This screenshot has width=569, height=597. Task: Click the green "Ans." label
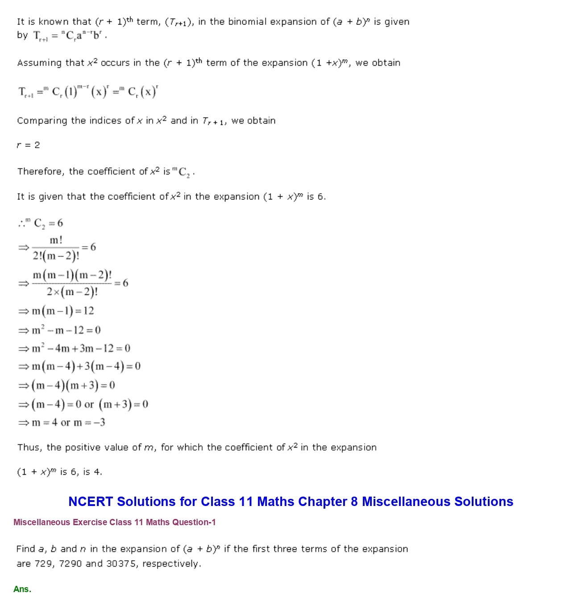click(22, 589)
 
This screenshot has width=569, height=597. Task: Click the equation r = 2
click(28, 145)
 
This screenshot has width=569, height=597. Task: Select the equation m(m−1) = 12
click(62, 311)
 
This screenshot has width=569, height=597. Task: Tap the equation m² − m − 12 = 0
click(66, 330)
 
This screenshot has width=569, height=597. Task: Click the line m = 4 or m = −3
click(68, 423)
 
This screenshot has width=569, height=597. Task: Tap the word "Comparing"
click(42, 120)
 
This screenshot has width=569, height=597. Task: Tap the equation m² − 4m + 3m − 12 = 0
click(81, 348)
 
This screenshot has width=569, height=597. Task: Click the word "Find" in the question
click(25, 549)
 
